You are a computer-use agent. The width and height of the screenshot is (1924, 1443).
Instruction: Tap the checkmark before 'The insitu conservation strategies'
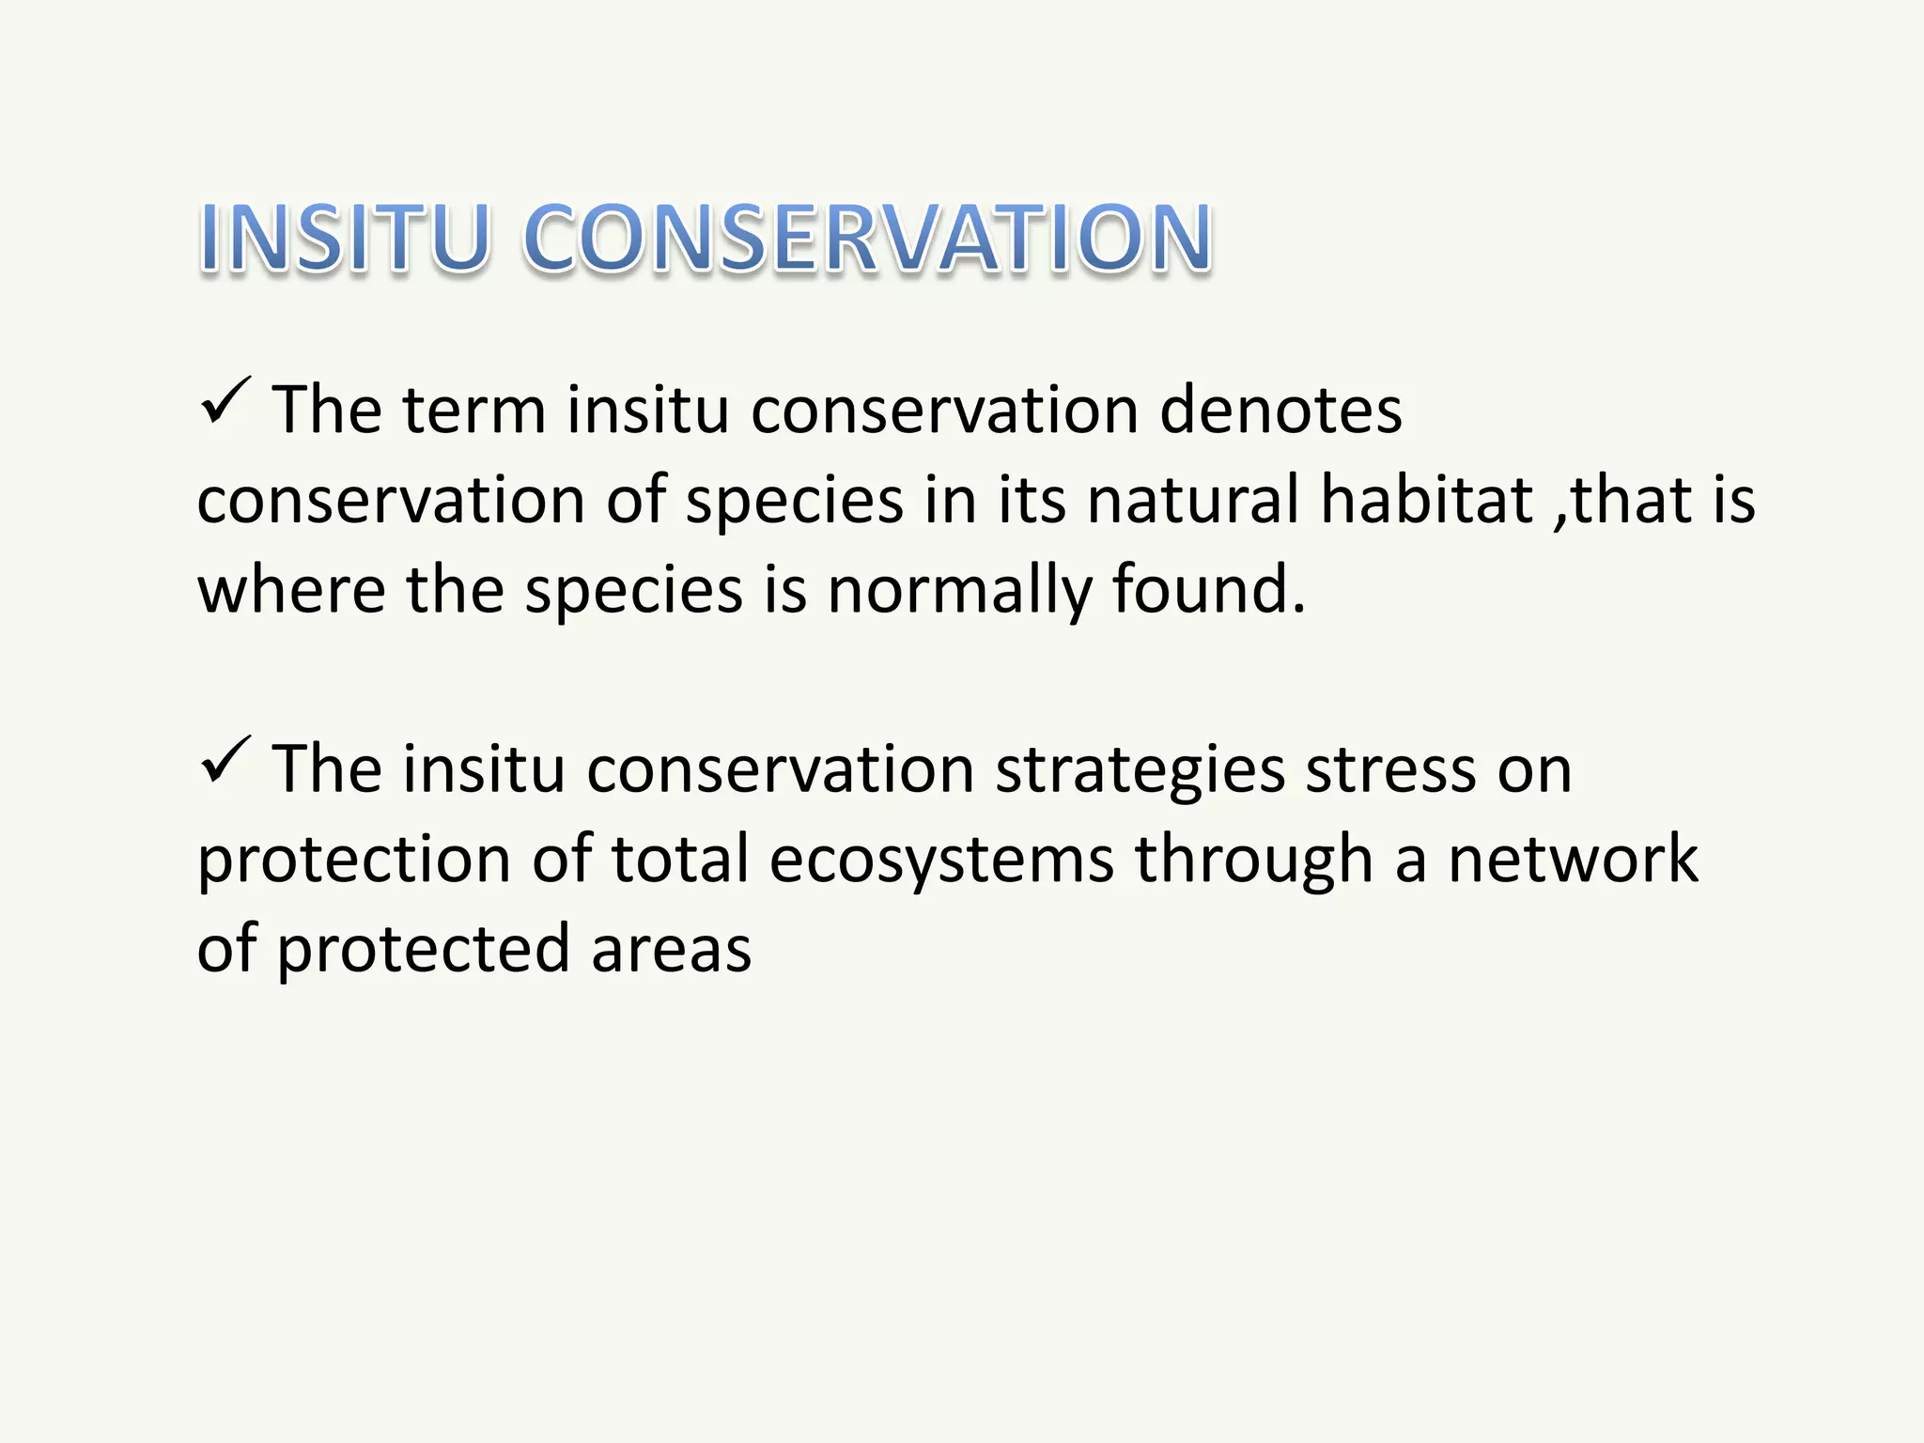click(225, 761)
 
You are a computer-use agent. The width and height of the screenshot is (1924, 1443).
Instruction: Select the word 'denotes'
click(1280, 411)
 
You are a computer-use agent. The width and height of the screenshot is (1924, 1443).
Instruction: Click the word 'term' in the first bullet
click(474, 411)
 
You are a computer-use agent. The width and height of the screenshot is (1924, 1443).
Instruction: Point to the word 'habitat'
click(1426, 500)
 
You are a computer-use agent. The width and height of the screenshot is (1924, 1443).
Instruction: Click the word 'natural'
click(1193, 500)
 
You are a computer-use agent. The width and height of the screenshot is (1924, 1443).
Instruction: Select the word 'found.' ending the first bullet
click(1209, 589)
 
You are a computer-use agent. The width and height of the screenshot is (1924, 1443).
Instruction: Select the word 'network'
click(1573, 859)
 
